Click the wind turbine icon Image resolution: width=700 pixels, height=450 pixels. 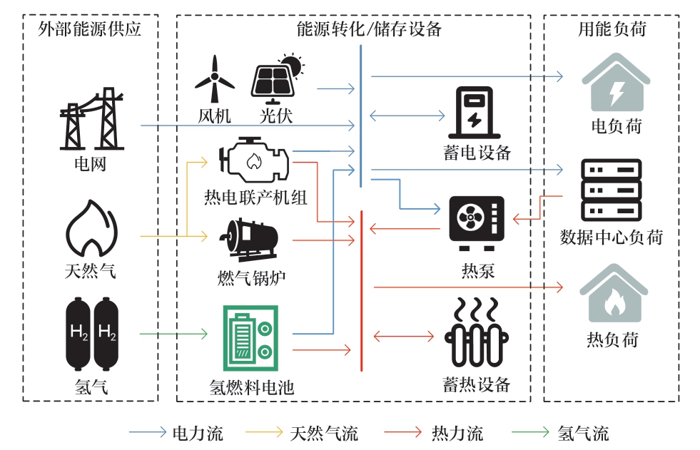[214, 81]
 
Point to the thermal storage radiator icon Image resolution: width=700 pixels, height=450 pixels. [475, 335]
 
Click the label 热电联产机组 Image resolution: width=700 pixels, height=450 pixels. [255, 196]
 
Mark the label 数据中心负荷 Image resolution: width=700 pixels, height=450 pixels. [612, 237]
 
